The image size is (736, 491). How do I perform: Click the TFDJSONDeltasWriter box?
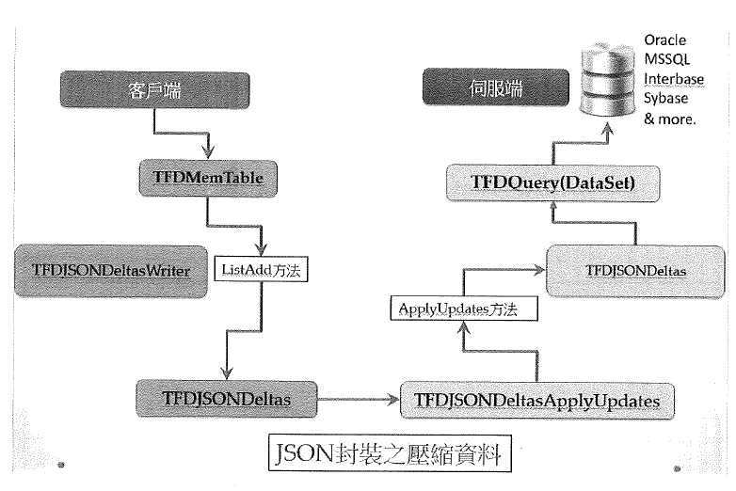111,271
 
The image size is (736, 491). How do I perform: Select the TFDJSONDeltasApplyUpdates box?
536,400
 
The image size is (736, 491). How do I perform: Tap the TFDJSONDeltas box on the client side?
225,399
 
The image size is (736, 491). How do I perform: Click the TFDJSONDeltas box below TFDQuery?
635,270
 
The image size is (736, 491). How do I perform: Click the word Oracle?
664,40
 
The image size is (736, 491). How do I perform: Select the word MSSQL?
665,60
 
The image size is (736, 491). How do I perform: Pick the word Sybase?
666,99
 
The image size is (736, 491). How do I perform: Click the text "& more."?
669,119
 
